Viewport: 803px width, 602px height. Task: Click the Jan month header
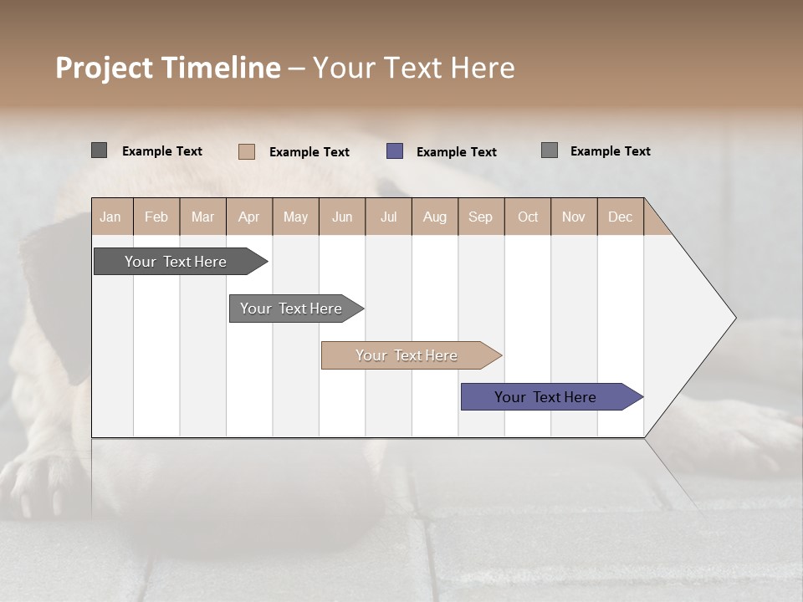click(x=110, y=217)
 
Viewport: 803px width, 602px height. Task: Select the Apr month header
click(x=248, y=217)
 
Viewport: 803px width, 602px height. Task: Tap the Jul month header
click(x=388, y=217)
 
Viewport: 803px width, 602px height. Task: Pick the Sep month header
click(x=480, y=217)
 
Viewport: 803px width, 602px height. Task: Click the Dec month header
click(x=620, y=217)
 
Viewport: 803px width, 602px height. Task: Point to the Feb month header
click(x=156, y=217)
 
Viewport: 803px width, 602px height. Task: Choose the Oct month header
click(x=528, y=217)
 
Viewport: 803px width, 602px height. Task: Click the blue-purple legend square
click(x=395, y=151)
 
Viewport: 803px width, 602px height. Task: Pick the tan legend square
click(x=247, y=151)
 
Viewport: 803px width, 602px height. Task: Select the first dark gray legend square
click(x=99, y=150)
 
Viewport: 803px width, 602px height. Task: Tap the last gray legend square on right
click(x=550, y=150)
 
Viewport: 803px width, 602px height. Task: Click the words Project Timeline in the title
click(x=167, y=68)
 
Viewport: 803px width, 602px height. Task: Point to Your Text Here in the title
click(x=413, y=68)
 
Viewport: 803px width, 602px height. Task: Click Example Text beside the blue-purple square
click(x=456, y=152)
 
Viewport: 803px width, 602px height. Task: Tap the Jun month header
click(x=342, y=217)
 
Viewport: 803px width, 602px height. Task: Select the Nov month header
click(x=574, y=217)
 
